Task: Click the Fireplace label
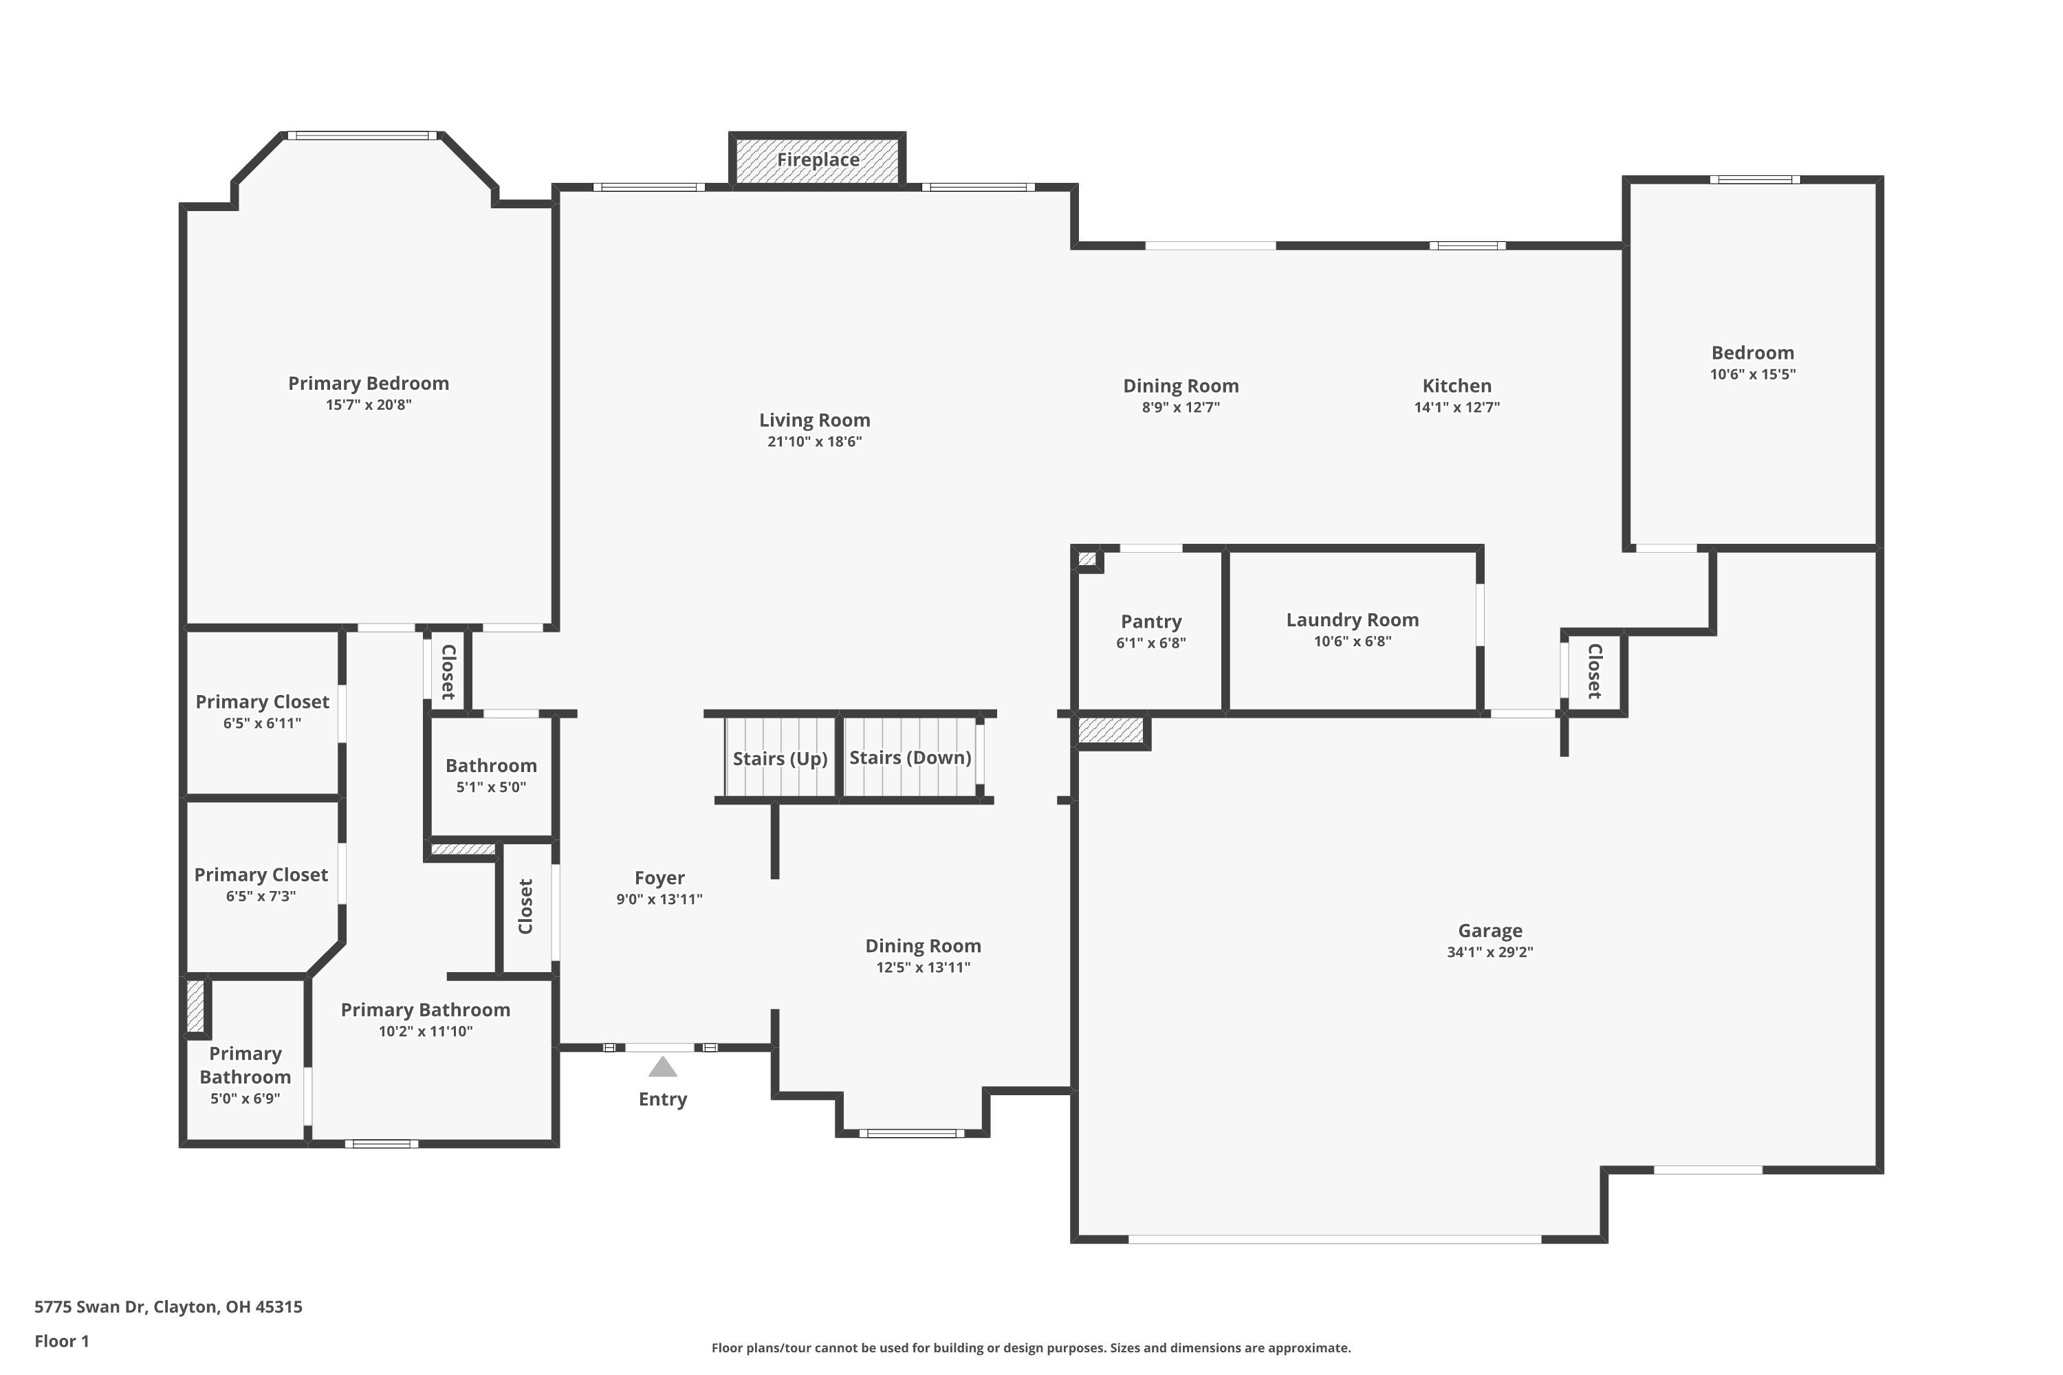click(818, 159)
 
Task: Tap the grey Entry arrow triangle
click(662, 1067)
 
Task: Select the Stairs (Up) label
click(780, 758)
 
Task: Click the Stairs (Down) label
click(910, 758)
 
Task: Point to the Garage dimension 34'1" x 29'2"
click(1489, 952)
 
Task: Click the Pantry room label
click(1150, 621)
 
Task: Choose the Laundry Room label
click(1352, 620)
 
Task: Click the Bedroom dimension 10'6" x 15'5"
click(1751, 375)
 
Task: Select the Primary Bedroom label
click(369, 383)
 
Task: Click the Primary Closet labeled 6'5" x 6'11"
click(261, 701)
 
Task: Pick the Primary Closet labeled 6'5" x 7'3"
click(261, 874)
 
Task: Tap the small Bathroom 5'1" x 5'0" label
click(490, 766)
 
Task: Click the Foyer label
click(659, 878)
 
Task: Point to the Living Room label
click(814, 420)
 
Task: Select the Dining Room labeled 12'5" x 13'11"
click(923, 945)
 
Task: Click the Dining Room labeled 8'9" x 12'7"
click(1181, 386)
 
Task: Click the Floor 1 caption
click(61, 1341)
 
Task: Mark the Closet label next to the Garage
click(1595, 671)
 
